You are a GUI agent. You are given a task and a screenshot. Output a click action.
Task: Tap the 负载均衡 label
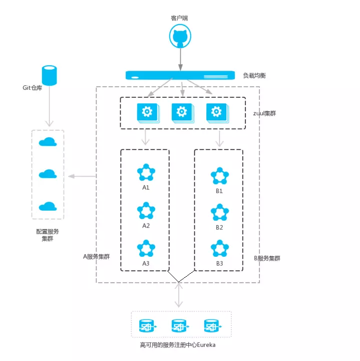[x=254, y=76]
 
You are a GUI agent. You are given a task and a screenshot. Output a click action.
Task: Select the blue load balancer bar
[x=180, y=76]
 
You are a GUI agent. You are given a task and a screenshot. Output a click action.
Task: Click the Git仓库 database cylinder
[x=49, y=75]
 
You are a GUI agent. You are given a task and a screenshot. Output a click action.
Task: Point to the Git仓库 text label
[x=33, y=87]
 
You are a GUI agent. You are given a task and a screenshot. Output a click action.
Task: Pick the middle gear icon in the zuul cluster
[x=181, y=113]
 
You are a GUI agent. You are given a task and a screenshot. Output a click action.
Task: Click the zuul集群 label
[x=264, y=113]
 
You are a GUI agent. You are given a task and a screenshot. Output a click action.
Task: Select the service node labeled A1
[x=146, y=173]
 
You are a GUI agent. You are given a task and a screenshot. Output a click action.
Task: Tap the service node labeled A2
[x=146, y=211]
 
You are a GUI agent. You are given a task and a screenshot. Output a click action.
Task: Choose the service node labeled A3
[x=146, y=249]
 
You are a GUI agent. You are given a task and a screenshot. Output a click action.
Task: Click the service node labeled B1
[x=219, y=176]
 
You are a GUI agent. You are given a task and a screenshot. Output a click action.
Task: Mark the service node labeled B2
[x=219, y=213]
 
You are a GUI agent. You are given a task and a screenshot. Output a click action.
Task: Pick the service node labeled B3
[x=219, y=249]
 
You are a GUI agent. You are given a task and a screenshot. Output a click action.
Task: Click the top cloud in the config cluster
[x=48, y=142]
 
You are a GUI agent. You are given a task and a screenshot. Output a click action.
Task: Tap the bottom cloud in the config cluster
[x=48, y=206]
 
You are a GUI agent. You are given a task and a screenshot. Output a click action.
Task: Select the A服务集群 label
[x=96, y=257]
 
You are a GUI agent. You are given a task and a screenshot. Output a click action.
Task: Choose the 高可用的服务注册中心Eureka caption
[x=179, y=345]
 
